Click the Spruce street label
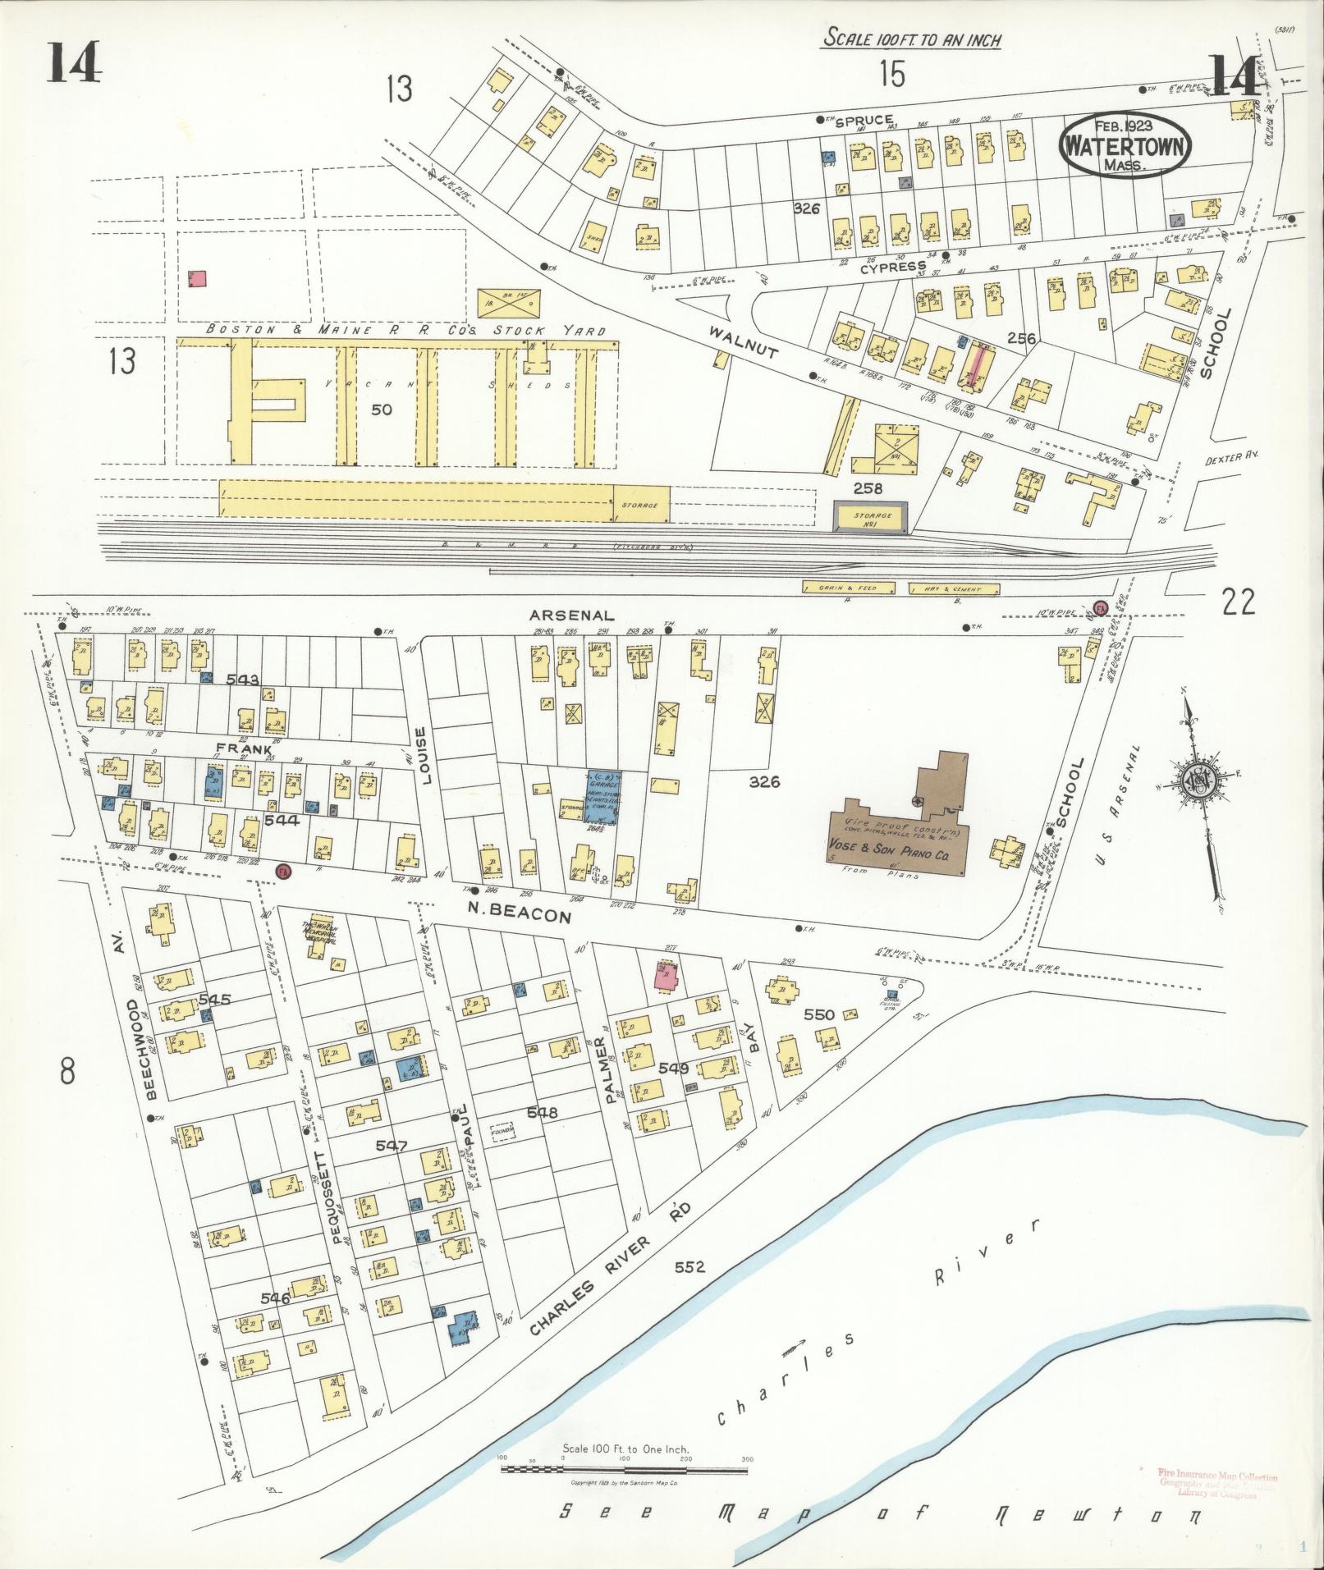point(864,121)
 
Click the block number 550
point(818,1014)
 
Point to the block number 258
point(868,489)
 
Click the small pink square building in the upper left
point(198,278)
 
